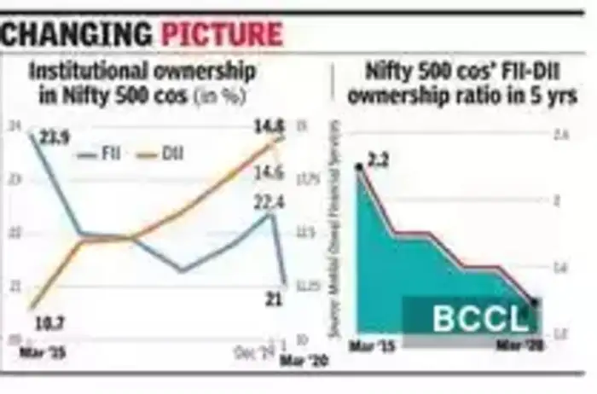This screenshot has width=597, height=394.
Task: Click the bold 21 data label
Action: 271,298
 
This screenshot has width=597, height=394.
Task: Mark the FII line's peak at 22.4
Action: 271,213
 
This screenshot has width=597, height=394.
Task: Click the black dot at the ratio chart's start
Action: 359,167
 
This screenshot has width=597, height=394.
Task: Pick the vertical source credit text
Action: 325,242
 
